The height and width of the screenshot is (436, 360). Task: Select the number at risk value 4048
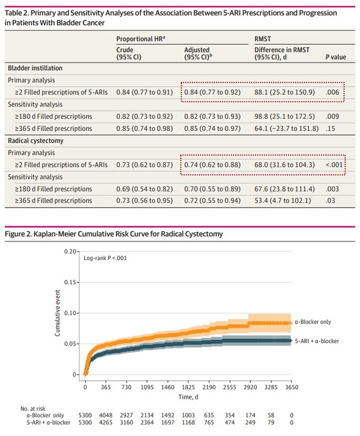pos(106,414)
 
